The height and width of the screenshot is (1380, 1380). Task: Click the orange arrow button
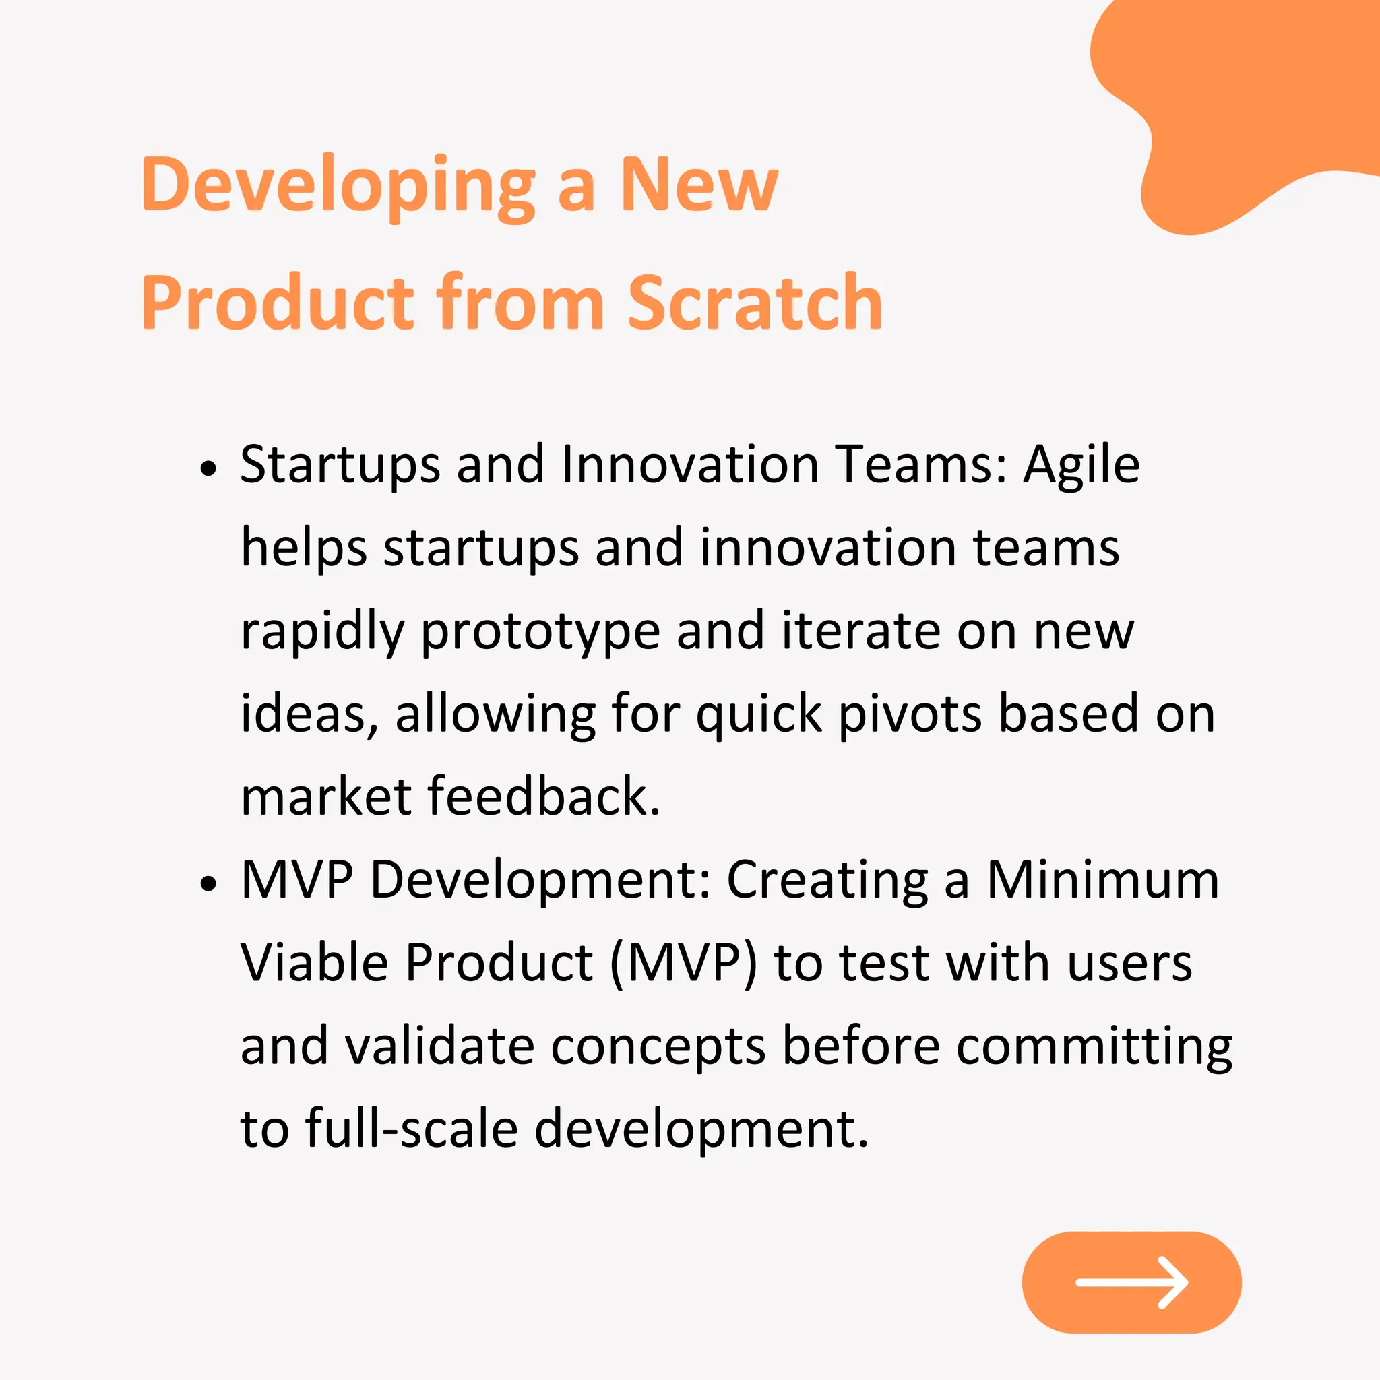tap(1131, 1283)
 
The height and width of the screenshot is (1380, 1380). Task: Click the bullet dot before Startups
tap(208, 469)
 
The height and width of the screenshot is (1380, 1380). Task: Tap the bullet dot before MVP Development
tap(208, 884)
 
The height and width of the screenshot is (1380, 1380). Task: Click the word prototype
tap(540, 633)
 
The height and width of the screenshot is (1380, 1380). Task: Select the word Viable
tap(314, 963)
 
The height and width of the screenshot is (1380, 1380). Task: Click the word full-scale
tap(412, 1129)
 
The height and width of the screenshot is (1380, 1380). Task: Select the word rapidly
tap(322, 633)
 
